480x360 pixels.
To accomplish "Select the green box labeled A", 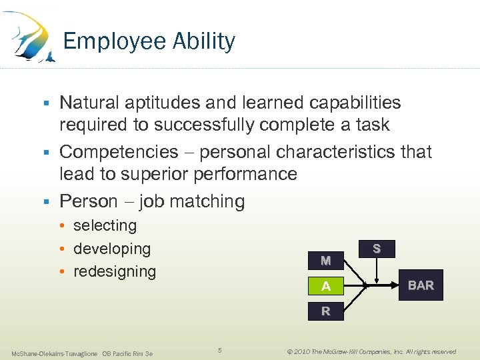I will pos(325,286).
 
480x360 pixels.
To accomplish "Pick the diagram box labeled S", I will pos(377,249).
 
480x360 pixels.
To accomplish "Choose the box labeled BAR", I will pos(421,285).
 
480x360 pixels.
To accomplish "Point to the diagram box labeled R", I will pos(325,311).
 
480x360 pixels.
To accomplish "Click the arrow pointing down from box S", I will pos(377,271).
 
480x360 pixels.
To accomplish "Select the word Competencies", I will pos(119,152).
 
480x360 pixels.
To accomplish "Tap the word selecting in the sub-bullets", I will pos(105,225).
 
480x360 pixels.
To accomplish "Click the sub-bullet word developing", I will pos(112,249).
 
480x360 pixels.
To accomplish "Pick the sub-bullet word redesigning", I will pos(115,271).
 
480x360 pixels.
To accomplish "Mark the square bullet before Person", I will pos(46,201).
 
